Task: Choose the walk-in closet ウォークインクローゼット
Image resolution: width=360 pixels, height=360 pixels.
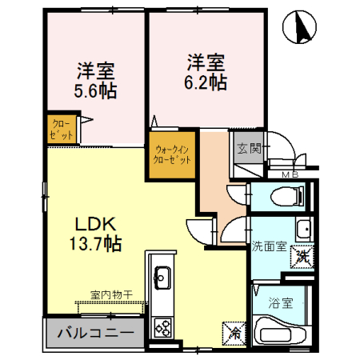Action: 173,154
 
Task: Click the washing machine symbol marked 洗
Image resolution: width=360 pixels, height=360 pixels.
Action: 302,257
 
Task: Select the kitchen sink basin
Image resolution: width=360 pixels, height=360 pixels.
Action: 159,278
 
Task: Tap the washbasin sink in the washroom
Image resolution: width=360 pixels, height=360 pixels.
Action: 303,230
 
